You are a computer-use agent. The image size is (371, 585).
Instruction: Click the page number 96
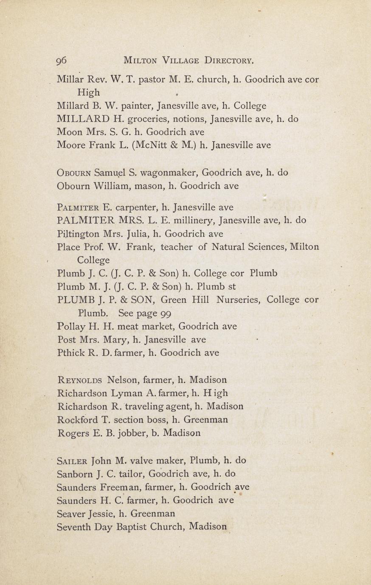coord(61,60)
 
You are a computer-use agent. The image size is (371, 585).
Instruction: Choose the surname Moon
coord(70,132)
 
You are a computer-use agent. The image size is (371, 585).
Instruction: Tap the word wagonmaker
coord(164,173)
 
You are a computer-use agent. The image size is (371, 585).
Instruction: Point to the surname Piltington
coord(79,234)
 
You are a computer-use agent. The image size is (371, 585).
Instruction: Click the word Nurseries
coord(238,300)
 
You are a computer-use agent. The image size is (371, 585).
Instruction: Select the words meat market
coord(139,326)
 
